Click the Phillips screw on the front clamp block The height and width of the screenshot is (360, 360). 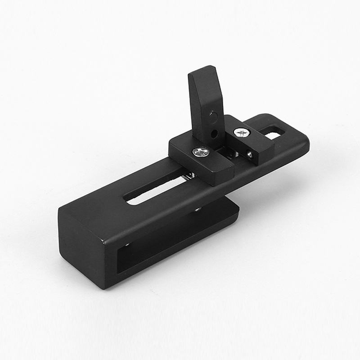201,152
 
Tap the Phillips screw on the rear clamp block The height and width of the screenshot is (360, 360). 242,133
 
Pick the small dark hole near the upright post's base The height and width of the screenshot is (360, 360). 215,134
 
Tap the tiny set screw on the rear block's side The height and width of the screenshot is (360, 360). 250,155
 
